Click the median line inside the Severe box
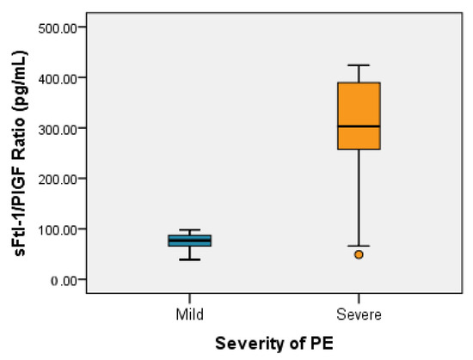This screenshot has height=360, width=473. pos(359,126)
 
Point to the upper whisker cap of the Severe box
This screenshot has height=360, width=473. pos(359,65)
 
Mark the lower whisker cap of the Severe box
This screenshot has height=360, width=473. pos(359,246)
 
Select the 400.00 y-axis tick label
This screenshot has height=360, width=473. pos(58,77)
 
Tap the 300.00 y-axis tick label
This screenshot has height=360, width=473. pos(58,128)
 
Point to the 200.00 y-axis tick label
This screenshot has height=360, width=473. pos(58,179)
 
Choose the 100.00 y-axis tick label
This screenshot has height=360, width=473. pos(58,229)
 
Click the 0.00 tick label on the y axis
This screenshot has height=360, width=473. pos(62,280)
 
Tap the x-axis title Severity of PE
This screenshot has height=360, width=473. pos(275,342)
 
